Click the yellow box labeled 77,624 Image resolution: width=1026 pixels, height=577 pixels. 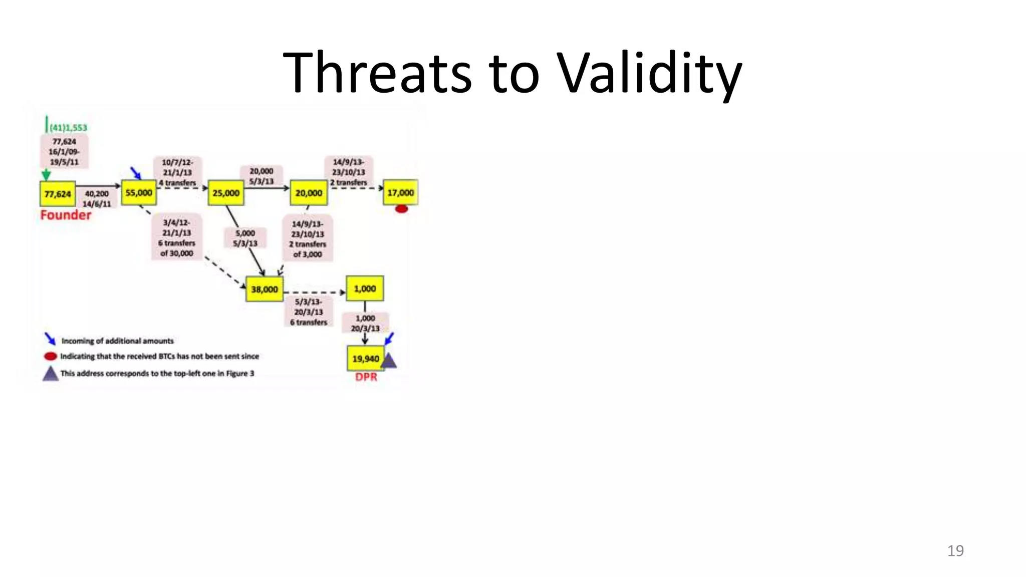pyautogui.click(x=58, y=194)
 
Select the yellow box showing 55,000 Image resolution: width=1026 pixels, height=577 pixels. pyautogui.click(x=139, y=193)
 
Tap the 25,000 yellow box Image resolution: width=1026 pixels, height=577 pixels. pyautogui.click(x=226, y=193)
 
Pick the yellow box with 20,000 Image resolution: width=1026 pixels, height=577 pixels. pyautogui.click(x=309, y=193)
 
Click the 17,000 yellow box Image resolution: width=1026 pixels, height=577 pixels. pyautogui.click(x=400, y=192)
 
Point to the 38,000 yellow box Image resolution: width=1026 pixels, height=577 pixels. pyautogui.click(x=264, y=289)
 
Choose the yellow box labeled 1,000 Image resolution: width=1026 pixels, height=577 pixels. pyautogui.click(x=365, y=288)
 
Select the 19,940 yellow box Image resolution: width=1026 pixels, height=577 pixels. pyautogui.click(x=365, y=359)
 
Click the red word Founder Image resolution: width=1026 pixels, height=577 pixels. pyautogui.click(x=66, y=215)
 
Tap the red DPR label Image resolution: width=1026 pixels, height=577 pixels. pyautogui.click(x=366, y=377)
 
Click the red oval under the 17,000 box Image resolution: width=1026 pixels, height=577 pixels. pyautogui.click(x=401, y=209)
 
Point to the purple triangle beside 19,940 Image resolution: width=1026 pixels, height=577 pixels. pyautogui.click(x=389, y=361)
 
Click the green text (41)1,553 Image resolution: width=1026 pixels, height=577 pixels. pyautogui.click(x=68, y=128)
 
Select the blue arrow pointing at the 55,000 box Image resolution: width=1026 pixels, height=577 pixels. pyautogui.click(x=136, y=173)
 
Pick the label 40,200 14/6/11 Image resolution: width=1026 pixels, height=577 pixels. pyautogui.click(x=97, y=199)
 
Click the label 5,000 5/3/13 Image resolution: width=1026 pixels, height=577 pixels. pyautogui.click(x=245, y=238)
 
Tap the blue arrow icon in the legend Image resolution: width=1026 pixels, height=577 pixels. pyautogui.click(x=50, y=339)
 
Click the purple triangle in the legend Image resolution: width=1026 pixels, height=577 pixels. pyautogui.click(x=50, y=374)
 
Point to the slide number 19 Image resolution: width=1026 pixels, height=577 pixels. pyautogui.click(x=955, y=550)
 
